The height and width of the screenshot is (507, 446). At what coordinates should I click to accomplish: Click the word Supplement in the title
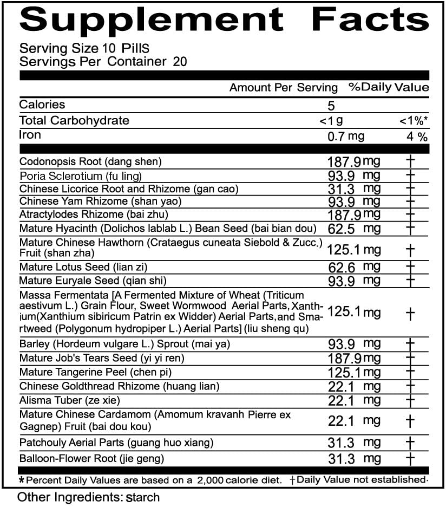pos(152,20)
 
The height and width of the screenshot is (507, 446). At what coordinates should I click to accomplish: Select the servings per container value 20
pos(180,61)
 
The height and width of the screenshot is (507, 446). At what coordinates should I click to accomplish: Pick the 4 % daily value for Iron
pos(417,136)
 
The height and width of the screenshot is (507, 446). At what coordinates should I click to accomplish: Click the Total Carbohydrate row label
pos(74,120)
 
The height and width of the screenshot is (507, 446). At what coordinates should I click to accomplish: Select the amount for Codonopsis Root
pos(354,161)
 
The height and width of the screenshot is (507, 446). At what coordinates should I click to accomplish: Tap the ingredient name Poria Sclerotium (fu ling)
pos(81,175)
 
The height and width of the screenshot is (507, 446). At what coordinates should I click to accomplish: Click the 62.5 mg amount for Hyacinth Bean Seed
pos(354,229)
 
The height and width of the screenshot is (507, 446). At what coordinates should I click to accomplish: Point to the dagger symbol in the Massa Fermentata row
pos(410,313)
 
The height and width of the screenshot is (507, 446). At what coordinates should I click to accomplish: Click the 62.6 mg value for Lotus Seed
pos(354,266)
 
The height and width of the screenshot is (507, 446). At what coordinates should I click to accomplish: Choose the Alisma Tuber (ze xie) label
pos(69,400)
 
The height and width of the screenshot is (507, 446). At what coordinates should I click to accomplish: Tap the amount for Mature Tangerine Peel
pos(354,372)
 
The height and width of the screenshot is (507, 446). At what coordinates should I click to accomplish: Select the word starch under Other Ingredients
pos(142,497)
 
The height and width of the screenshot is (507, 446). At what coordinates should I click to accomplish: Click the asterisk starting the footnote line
pos(22,480)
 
